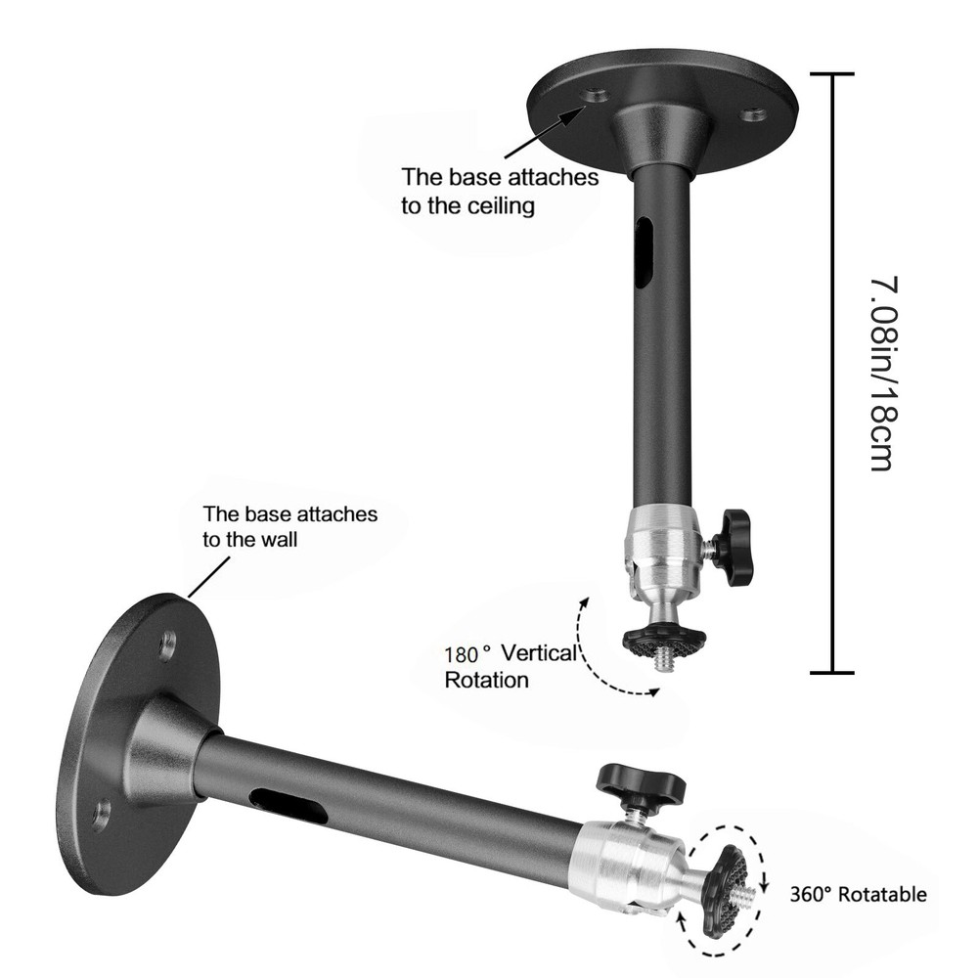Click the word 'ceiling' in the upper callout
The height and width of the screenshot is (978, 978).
coord(499,205)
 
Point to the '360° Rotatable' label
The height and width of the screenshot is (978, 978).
coord(858,894)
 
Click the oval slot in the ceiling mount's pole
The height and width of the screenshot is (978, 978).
coord(643,252)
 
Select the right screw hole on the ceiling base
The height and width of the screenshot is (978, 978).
coord(752,115)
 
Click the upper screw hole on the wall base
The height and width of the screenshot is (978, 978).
coord(168,645)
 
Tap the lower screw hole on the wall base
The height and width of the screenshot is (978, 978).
coord(100,814)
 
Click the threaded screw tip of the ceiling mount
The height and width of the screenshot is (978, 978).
coord(665,661)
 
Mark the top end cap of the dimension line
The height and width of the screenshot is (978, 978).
coord(832,73)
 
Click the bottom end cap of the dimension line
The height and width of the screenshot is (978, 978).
coord(832,672)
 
